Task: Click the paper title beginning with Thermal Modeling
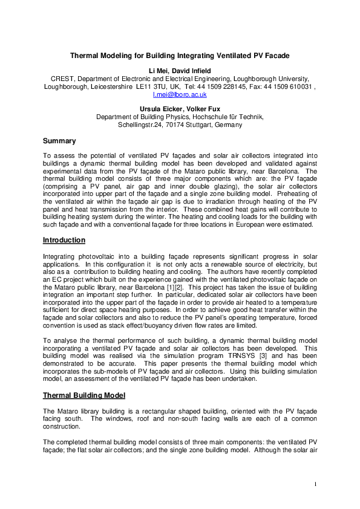click(x=180, y=56)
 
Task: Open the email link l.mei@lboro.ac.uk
click(x=180, y=94)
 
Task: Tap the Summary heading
click(x=59, y=141)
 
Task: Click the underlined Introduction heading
click(x=64, y=240)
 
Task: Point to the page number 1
click(x=316, y=484)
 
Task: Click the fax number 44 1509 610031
click(x=290, y=86)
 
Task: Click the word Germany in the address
click(x=227, y=125)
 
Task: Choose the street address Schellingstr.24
click(x=140, y=125)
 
